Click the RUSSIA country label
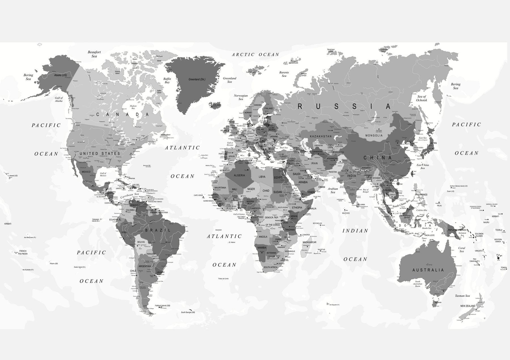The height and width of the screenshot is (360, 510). point(345,106)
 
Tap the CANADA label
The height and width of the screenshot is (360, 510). point(122,114)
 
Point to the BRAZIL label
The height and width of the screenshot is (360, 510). point(158,230)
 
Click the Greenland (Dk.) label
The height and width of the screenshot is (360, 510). point(197,80)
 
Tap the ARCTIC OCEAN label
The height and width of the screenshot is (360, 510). point(256,54)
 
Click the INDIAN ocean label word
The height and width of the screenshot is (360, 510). point(355,231)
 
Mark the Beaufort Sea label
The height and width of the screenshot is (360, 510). point(94,54)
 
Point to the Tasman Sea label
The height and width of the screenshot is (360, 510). point(462,296)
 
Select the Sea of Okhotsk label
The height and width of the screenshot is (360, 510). point(422,98)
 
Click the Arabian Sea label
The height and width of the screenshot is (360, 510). point(333,190)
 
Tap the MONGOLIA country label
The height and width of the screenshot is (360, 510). point(374,135)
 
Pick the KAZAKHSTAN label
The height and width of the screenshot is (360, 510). point(321,136)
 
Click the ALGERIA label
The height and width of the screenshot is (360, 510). point(239,175)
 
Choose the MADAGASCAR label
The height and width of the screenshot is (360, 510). point(309,242)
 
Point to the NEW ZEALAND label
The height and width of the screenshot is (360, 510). point(468,306)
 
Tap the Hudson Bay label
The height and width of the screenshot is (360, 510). point(133,107)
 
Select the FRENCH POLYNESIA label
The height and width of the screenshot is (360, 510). point(23,252)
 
